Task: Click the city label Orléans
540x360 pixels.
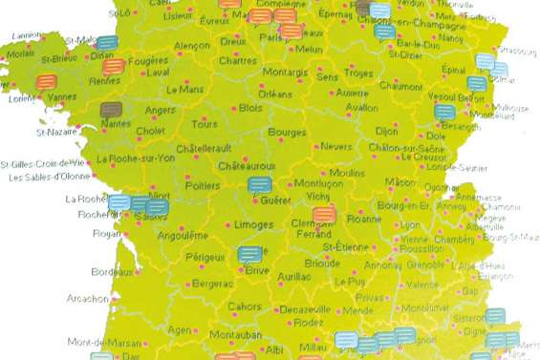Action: (274, 95)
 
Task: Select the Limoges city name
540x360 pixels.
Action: (253, 224)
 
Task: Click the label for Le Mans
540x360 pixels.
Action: (184, 89)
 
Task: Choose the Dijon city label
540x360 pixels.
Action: (387, 130)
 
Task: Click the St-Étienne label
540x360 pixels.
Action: (343, 246)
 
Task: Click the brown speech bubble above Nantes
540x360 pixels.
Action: (112, 109)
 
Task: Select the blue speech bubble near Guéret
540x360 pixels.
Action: (259, 184)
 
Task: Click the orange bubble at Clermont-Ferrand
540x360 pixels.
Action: (325, 213)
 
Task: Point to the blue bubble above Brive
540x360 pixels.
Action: (249, 254)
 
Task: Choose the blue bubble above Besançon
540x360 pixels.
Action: (444, 112)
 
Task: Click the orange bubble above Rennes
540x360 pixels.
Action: (113, 66)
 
